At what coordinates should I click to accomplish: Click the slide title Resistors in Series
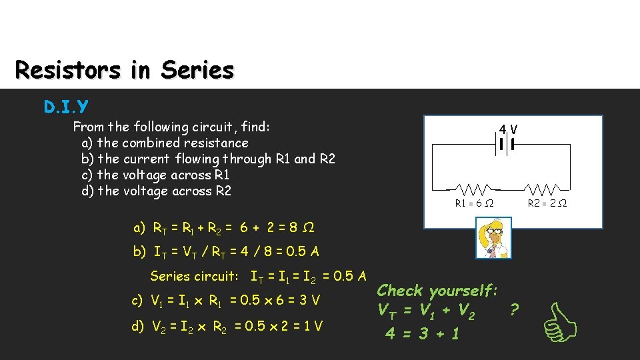(125, 69)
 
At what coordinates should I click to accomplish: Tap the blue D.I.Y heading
(66, 106)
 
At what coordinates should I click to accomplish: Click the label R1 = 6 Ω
(474, 203)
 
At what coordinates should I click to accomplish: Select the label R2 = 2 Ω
(547, 203)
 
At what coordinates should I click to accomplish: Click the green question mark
(513, 309)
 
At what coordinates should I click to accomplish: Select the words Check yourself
(437, 291)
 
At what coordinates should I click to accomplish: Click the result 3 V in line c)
(311, 301)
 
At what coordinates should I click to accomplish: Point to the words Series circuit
(194, 276)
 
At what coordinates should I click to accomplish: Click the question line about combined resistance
(165, 143)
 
